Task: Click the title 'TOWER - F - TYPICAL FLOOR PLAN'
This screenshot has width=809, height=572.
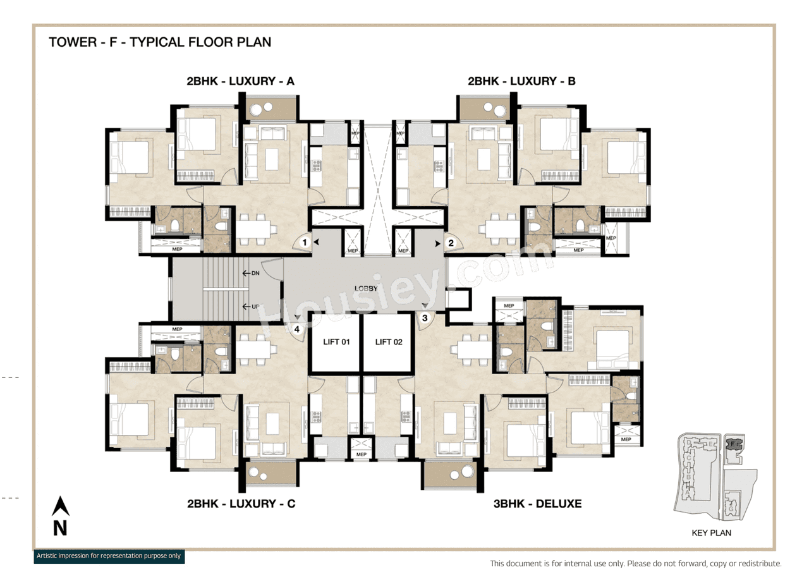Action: (x=160, y=42)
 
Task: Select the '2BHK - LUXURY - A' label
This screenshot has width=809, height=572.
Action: (x=240, y=82)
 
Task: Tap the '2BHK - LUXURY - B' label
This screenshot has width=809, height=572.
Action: (x=521, y=82)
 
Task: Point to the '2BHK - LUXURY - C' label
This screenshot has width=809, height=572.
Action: (x=241, y=504)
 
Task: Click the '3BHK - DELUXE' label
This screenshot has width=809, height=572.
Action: (x=537, y=504)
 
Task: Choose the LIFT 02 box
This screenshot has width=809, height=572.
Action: (x=389, y=343)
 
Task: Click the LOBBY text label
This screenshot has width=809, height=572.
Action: (x=366, y=289)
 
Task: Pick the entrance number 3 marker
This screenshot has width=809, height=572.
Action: (x=425, y=318)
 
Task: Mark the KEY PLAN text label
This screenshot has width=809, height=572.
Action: (x=711, y=533)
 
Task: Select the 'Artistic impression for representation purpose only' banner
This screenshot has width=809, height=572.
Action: (x=109, y=556)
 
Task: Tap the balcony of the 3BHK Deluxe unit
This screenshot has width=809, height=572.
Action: (x=449, y=475)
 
